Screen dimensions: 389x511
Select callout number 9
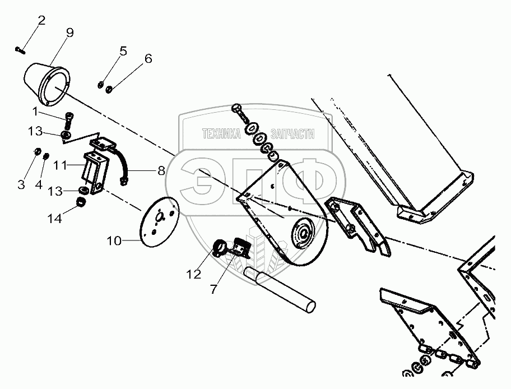coord(69,33)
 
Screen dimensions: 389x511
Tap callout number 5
coord(123,52)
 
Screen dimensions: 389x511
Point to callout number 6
coord(148,59)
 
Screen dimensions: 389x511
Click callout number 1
coord(35,111)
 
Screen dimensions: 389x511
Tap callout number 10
coord(114,241)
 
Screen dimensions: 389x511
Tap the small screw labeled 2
coord(20,50)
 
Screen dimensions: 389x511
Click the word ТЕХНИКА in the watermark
coord(221,133)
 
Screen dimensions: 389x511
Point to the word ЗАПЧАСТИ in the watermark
coord(292,133)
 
